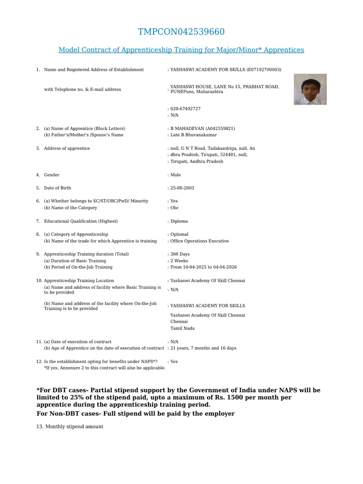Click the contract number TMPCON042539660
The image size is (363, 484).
click(x=181, y=32)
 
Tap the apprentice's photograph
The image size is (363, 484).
click(x=310, y=89)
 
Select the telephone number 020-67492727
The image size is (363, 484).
click(x=185, y=109)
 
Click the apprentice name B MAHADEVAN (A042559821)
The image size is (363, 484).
click(x=202, y=129)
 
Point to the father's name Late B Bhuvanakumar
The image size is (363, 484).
click(x=194, y=135)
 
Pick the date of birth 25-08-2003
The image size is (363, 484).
click(x=182, y=188)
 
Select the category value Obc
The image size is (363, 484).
click(x=174, y=207)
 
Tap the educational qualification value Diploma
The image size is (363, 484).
click(x=179, y=221)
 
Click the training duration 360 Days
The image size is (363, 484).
click(x=180, y=254)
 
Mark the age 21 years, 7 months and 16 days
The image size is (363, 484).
click(x=203, y=348)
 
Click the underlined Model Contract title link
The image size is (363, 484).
click(x=181, y=50)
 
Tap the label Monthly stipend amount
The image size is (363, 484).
click(x=69, y=427)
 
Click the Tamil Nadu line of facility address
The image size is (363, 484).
click(x=182, y=328)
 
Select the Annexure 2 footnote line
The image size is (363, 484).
click(x=104, y=368)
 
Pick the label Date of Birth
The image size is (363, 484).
click(x=57, y=188)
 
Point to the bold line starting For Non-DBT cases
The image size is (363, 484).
click(x=135, y=414)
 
